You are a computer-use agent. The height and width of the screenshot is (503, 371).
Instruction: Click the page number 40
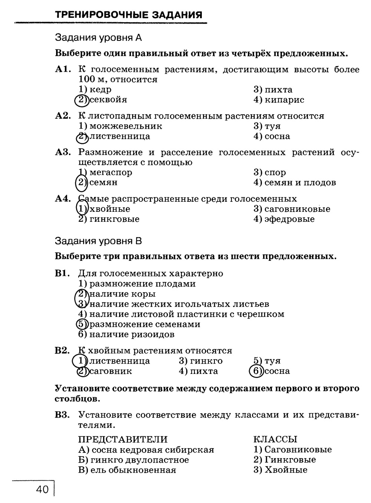(x=43, y=490)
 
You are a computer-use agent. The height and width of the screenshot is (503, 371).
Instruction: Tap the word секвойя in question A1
(x=108, y=100)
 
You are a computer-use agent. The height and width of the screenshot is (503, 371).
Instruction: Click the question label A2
(x=63, y=116)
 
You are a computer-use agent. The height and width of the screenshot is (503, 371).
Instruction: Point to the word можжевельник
(x=125, y=126)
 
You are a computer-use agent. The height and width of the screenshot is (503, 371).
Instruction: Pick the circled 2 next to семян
(x=81, y=182)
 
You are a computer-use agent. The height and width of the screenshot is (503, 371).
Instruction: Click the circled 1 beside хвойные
(x=81, y=208)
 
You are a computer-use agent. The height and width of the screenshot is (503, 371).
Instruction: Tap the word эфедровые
(x=289, y=219)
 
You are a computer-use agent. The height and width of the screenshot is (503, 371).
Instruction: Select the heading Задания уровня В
(x=98, y=241)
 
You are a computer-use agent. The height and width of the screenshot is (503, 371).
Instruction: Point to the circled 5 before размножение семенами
(x=81, y=324)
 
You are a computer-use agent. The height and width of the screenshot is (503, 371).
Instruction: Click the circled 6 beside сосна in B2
(x=256, y=371)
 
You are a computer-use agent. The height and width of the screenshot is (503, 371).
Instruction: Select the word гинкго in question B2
(x=206, y=361)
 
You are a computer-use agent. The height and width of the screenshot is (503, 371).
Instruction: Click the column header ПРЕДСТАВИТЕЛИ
(x=123, y=440)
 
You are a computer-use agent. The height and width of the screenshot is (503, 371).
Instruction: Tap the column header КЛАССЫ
(x=275, y=440)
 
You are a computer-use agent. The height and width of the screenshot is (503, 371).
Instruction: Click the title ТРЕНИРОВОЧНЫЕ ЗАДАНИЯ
(x=128, y=15)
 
